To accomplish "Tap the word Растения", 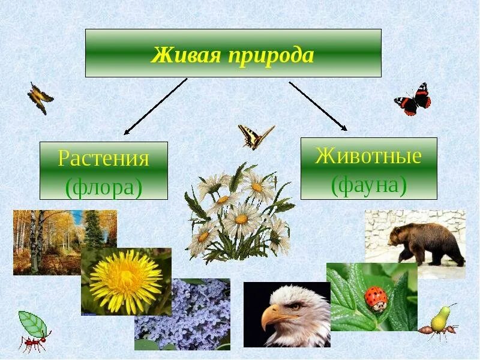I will [x=103, y=159].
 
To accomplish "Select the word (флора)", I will [x=103, y=187].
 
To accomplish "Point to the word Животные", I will [x=368, y=156].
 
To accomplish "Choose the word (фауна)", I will [x=368, y=185].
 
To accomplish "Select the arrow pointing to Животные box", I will [x=318, y=106].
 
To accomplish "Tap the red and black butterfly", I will [x=413, y=100].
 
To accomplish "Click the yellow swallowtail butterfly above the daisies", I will [x=255, y=136].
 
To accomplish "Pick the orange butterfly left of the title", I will [x=40, y=97].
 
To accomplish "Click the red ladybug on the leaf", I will [x=375, y=298].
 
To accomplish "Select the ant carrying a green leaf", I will [x=33, y=333].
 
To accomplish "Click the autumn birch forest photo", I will [x=48, y=240].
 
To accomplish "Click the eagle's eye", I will [x=294, y=304].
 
